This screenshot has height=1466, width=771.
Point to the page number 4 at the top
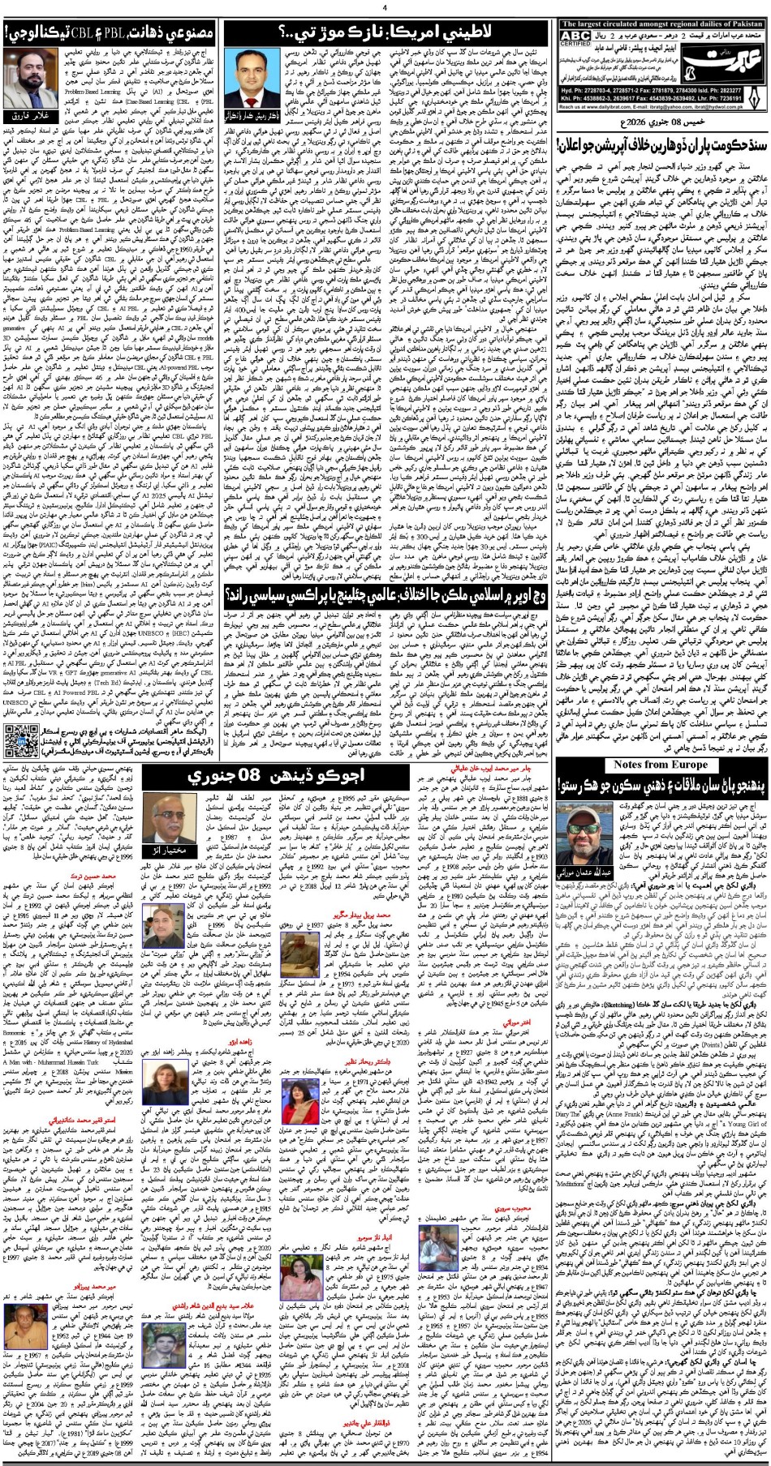385,7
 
